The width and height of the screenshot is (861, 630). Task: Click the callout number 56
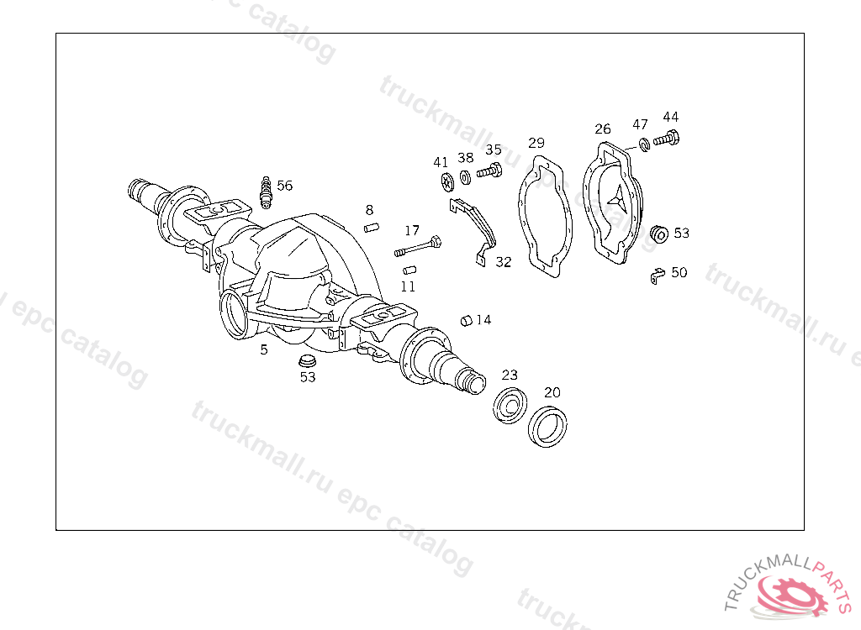pos(284,186)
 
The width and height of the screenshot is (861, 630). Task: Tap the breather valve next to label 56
pos(267,192)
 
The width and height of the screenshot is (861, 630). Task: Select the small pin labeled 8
pos(372,227)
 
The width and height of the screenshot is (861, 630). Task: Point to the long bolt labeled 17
pos(418,245)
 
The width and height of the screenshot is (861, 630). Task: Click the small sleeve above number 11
pos(409,270)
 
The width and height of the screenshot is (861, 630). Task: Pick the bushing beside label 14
pos(467,321)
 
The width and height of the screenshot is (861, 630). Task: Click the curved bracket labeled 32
pos(473,230)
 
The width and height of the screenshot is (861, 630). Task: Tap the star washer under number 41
pos(447,182)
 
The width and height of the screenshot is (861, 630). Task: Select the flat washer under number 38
pos(465,178)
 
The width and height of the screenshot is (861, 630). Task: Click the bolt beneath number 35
pos(489,171)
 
